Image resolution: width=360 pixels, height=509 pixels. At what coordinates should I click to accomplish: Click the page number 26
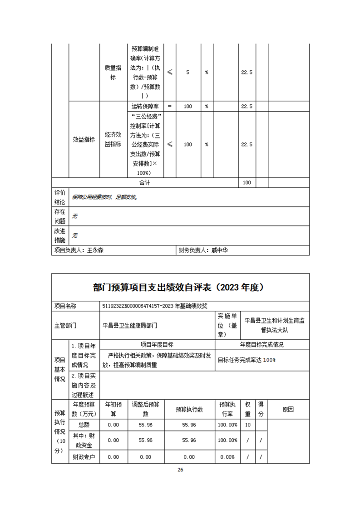pyautogui.click(x=180, y=470)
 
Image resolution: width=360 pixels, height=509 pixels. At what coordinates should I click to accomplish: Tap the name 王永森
pyautogui.click(x=95, y=250)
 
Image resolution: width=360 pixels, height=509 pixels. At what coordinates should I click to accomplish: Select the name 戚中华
pyautogui.click(x=222, y=250)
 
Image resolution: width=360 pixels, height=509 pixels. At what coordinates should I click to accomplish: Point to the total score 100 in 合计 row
pyautogui.click(x=247, y=183)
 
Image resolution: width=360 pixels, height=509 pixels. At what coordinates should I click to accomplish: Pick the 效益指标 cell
pyautogui.click(x=84, y=140)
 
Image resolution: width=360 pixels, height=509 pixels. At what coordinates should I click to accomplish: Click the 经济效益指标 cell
pyautogui.click(x=113, y=139)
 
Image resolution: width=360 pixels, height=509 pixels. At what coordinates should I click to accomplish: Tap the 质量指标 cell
pyautogui.click(x=113, y=73)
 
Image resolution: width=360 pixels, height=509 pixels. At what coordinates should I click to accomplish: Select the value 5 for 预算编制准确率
pyautogui.click(x=188, y=73)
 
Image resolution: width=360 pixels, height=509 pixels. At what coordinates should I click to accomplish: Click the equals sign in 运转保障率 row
pyautogui.click(x=169, y=106)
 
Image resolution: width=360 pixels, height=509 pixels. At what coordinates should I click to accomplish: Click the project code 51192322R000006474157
pyautogui.click(x=137, y=306)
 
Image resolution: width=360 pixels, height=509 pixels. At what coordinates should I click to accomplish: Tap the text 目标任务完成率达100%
pyautogui.click(x=247, y=360)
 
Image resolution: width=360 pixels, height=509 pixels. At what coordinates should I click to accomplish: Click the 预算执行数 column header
pyautogui.click(x=189, y=409)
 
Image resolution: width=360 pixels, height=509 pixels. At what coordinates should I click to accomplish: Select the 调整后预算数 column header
pyautogui.click(x=145, y=409)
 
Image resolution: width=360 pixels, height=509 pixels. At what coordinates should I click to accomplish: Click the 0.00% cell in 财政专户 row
pyautogui.click(x=227, y=457)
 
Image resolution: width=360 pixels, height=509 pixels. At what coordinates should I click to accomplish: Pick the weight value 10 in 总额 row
pyautogui.click(x=248, y=425)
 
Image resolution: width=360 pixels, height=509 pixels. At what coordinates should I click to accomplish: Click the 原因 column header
pyautogui.click(x=288, y=409)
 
